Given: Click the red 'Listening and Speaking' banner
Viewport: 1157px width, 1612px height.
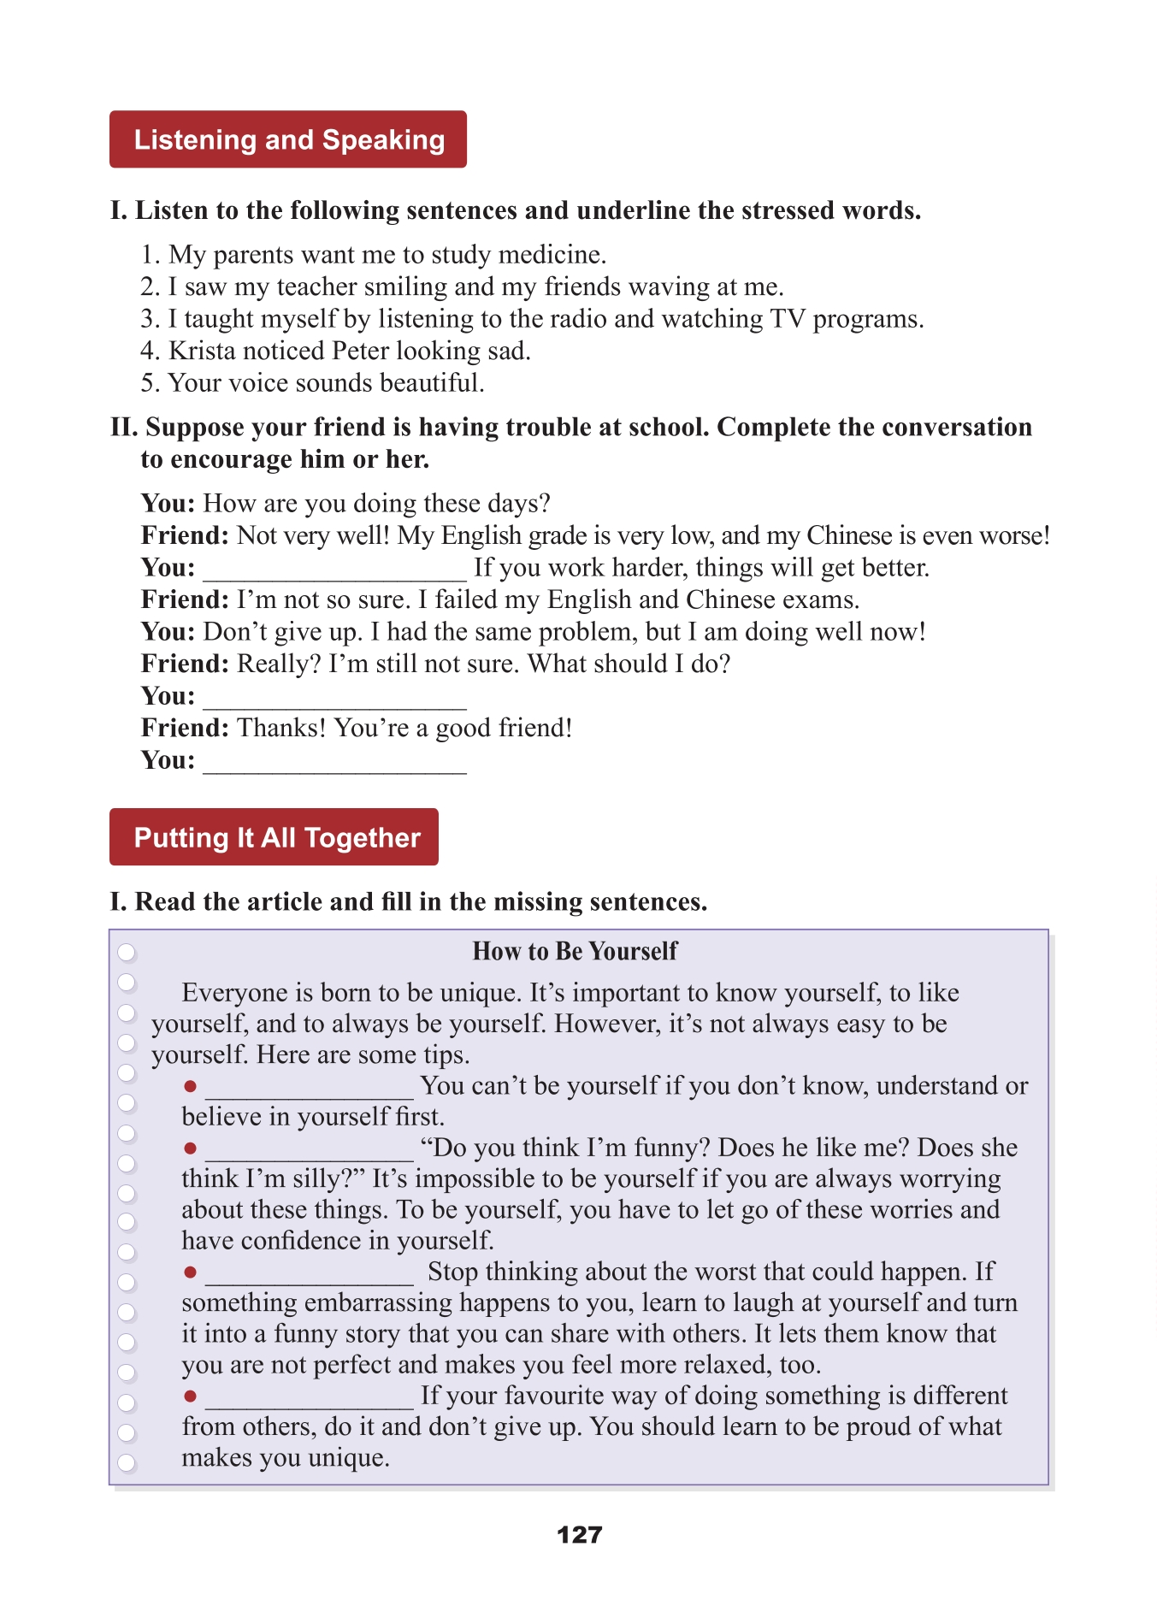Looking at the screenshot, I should (288, 139).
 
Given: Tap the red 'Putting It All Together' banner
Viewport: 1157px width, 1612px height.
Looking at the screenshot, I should (274, 837).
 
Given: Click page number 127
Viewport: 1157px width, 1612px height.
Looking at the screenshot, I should (579, 1535).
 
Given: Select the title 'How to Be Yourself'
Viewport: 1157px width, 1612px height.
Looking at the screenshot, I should (575, 951).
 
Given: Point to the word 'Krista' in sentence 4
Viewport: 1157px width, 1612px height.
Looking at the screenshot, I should (202, 351).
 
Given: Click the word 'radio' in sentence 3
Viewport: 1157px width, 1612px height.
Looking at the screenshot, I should (577, 319).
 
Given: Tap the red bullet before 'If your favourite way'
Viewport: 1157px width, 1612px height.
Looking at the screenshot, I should (191, 1396).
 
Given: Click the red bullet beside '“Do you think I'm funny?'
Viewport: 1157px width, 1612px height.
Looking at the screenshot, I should (191, 1148).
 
